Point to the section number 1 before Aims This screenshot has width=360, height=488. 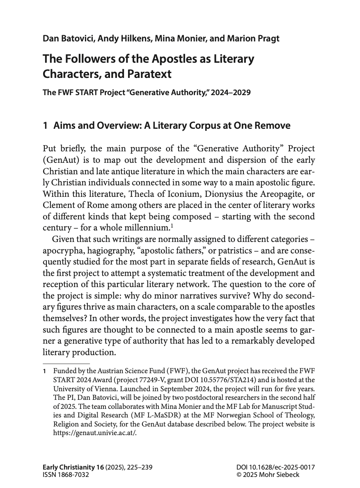[45, 126]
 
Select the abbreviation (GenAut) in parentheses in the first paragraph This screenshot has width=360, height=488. [61, 159]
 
